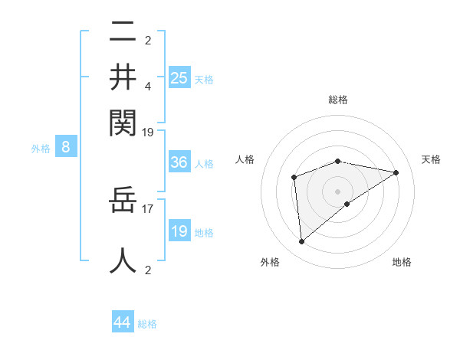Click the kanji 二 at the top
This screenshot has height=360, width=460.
click(x=123, y=33)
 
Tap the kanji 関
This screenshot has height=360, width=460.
click(x=123, y=121)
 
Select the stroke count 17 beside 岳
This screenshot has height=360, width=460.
click(x=149, y=207)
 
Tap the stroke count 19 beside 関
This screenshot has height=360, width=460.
click(x=148, y=133)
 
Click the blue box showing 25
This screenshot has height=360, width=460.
click(x=179, y=78)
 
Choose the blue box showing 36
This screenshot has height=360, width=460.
click(x=179, y=162)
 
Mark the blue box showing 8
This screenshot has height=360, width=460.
click(x=66, y=148)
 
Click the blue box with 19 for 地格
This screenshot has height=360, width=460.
click(x=179, y=231)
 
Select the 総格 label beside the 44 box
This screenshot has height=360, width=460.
click(x=147, y=324)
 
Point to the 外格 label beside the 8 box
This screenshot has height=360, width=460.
click(x=41, y=149)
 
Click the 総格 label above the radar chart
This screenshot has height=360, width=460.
click(x=338, y=100)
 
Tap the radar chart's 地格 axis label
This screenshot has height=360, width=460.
click(x=402, y=262)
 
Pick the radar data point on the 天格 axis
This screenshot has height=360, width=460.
click(x=396, y=172)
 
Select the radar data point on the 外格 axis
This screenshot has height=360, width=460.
click(x=302, y=242)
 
